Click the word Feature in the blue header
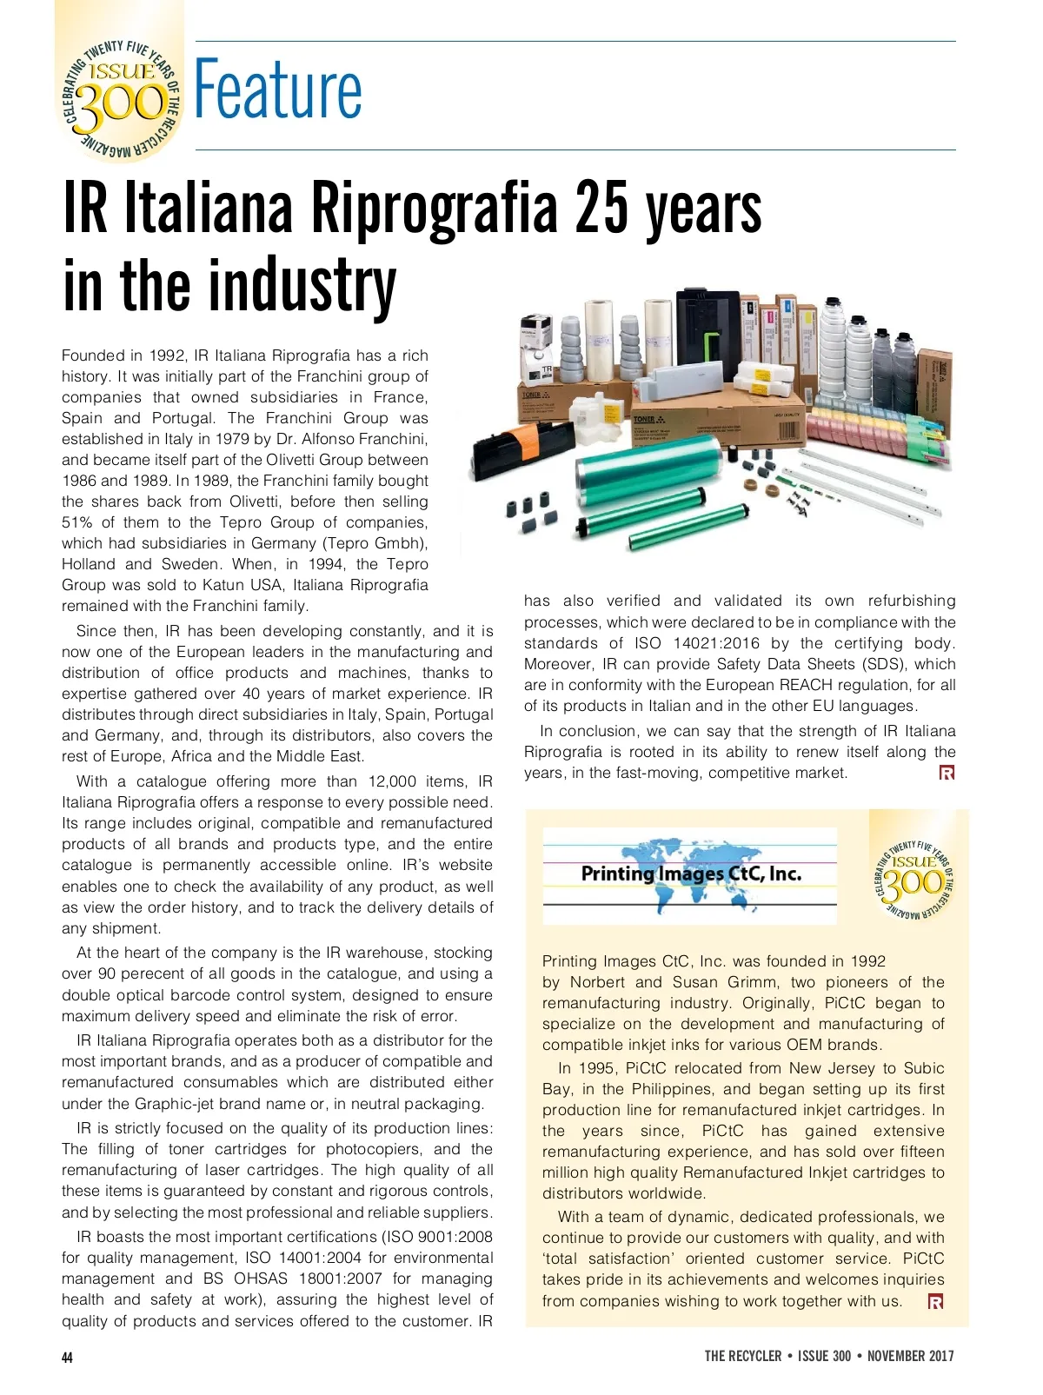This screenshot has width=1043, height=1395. pyautogui.click(x=278, y=90)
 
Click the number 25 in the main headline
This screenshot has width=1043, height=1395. pyautogui.click(x=601, y=210)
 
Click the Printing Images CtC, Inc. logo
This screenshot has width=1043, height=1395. pyautogui.click(x=690, y=874)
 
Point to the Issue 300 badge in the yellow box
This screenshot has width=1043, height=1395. pyautogui.click(x=915, y=876)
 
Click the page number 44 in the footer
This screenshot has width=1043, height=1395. pyautogui.click(x=68, y=1357)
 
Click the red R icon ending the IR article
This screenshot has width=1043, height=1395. pyautogui.click(x=947, y=773)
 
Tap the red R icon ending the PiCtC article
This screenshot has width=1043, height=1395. pyautogui.click(x=935, y=1301)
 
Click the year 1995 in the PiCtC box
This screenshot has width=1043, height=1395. pyautogui.click(x=595, y=1068)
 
